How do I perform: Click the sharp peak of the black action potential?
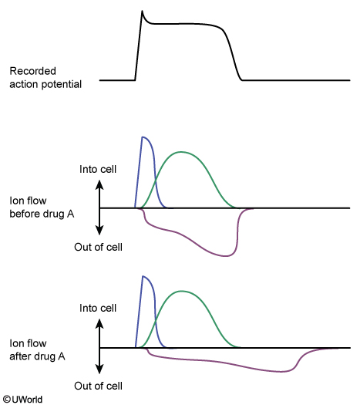(x=142, y=11)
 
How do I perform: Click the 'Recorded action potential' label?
(x=45, y=78)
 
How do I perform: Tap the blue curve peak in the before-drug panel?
(x=143, y=137)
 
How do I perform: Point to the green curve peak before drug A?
(x=182, y=152)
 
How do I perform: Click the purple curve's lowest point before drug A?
(x=225, y=256)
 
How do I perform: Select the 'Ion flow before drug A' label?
(x=42, y=208)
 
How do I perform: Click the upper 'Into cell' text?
(x=98, y=169)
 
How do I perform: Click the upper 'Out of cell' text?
(x=98, y=247)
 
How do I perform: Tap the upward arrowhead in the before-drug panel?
(x=99, y=184)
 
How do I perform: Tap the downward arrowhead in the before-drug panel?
(x=99, y=231)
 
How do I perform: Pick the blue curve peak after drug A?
(x=143, y=276)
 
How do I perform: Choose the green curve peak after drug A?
(x=182, y=291)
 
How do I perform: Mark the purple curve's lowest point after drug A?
(x=281, y=372)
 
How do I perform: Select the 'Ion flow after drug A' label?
(x=37, y=350)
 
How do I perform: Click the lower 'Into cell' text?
(x=98, y=308)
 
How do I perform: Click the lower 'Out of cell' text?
(x=98, y=386)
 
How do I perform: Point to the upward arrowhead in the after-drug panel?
(x=99, y=324)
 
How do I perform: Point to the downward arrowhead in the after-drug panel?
(x=99, y=369)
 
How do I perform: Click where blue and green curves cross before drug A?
(x=156, y=184)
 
